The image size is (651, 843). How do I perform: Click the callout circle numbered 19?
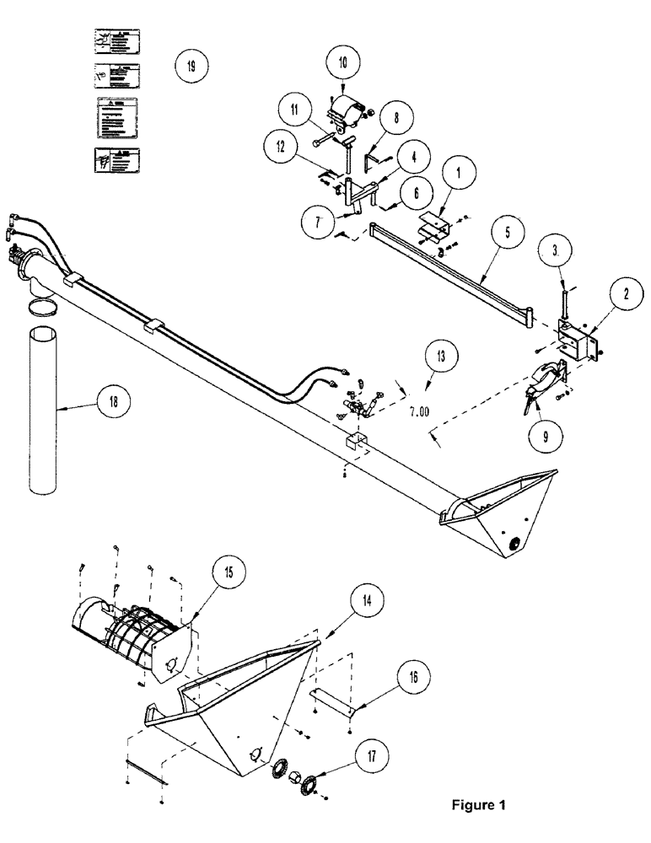[191, 66]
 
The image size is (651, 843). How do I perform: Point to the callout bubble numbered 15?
[230, 571]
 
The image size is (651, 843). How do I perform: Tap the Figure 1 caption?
[478, 804]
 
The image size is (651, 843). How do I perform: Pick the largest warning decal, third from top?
[116, 118]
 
